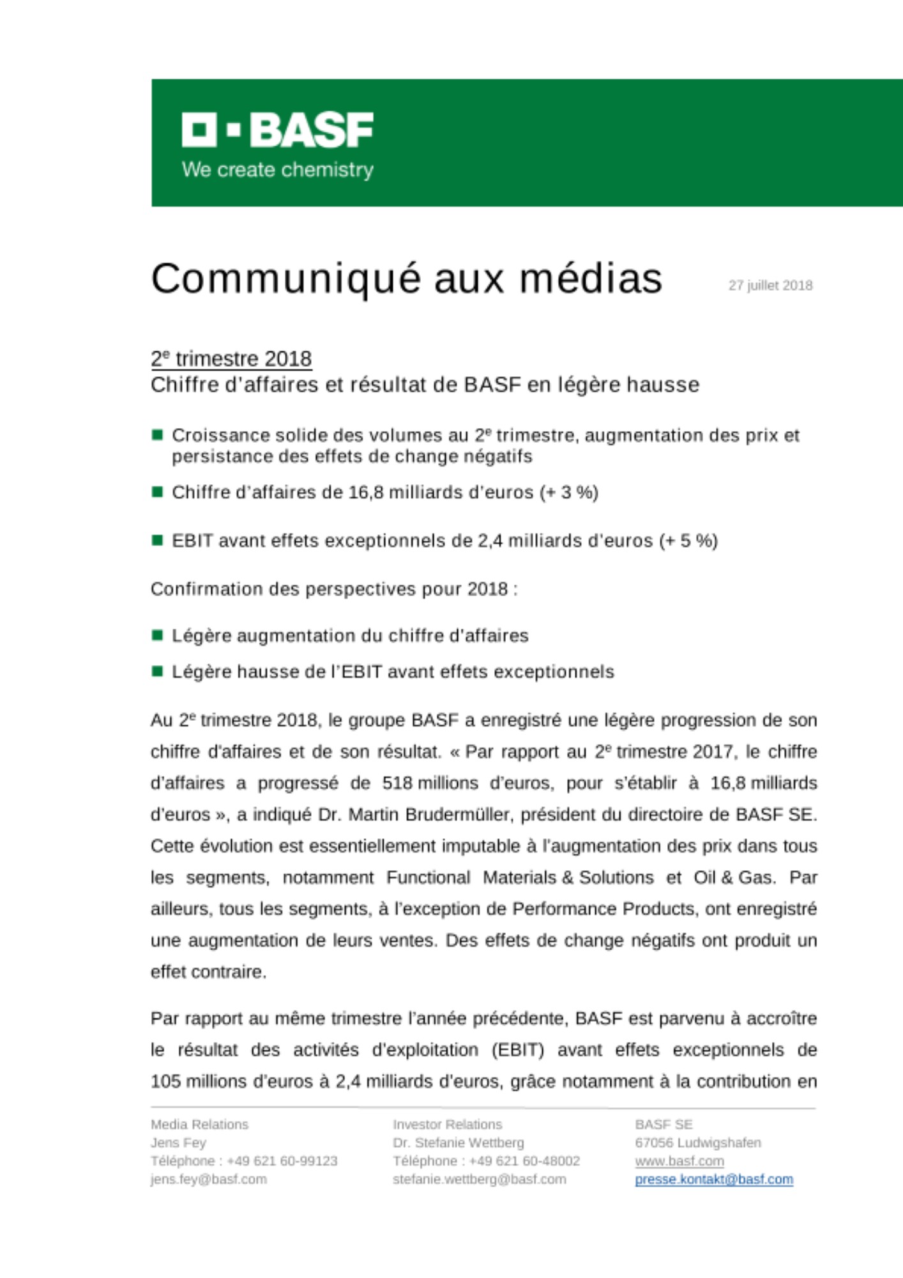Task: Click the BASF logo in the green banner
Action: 277,130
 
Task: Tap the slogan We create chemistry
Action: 277,170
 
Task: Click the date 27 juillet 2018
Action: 770,286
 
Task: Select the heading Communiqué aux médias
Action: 407,279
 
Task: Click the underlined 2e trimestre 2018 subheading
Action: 231,359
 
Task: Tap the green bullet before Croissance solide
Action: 157,435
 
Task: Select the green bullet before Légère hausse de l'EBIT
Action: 157,672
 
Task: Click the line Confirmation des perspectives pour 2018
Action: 334,589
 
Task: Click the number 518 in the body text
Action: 397,783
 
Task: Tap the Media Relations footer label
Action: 199,1125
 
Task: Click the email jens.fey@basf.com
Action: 208,1180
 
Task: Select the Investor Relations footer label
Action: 447,1125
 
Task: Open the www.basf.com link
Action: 679,1161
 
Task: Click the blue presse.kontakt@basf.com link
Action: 713,1180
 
